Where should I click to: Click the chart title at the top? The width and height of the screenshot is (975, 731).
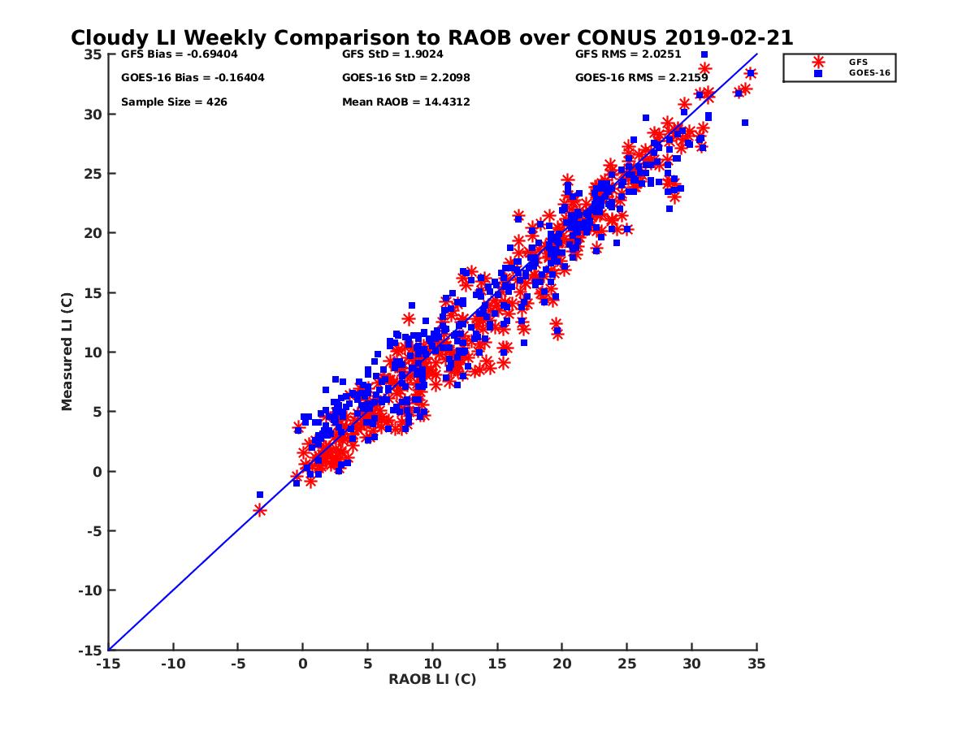coord(431,38)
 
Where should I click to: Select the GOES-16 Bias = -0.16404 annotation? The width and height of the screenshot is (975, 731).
coord(193,78)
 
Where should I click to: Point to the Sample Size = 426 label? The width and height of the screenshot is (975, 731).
coord(174,102)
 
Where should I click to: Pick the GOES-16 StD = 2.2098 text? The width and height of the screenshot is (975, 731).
coord(406,78)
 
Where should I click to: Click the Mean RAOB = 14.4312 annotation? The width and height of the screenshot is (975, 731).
coord(406,102)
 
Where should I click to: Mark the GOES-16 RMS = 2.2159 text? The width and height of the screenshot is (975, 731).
coord(642,78)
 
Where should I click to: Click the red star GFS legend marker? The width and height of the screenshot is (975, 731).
coord(818,62)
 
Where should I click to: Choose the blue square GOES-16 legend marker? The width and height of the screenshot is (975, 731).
coord(818,73)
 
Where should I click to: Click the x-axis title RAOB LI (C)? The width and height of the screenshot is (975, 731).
coord(431,679)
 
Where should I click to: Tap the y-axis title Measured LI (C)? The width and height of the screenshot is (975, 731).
coord(67,353)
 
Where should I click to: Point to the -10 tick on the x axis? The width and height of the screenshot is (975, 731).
coord(172,664)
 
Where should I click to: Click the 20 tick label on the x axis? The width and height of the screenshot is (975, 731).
coord(562,664)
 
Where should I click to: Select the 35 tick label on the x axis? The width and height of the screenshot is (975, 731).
coord(756,664)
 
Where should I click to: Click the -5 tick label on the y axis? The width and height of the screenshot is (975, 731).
coord(93,531)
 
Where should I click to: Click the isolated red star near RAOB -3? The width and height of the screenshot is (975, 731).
coord(260,510)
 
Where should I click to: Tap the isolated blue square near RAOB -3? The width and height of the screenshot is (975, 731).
coord(260,495)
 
